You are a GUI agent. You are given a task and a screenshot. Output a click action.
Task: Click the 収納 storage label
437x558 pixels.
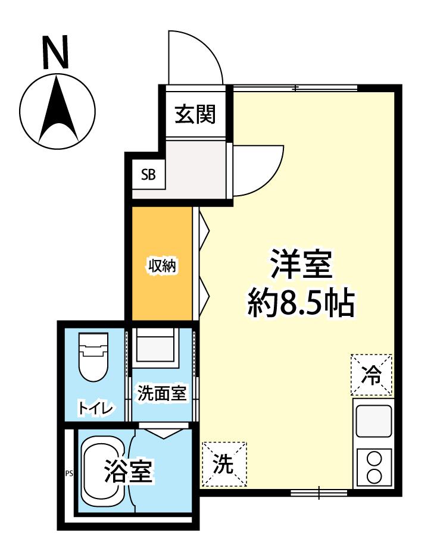[x=162, y=265]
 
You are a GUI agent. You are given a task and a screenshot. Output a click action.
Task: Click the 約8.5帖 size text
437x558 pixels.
[x=301, y=304]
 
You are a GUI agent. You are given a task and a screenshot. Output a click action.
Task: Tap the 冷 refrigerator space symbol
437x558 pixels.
[x=372, y=375]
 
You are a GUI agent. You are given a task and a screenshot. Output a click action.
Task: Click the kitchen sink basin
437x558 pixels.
[x=373, y=421]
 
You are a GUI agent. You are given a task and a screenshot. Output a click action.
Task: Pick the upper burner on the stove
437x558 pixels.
[x=374, y=459]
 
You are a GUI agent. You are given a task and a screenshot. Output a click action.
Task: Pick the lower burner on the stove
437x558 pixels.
[x=374, y=476]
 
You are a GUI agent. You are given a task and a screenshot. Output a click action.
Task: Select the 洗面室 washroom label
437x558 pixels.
[x=162, y=393]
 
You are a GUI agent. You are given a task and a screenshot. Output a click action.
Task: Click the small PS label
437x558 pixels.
[x=68, y=474]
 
